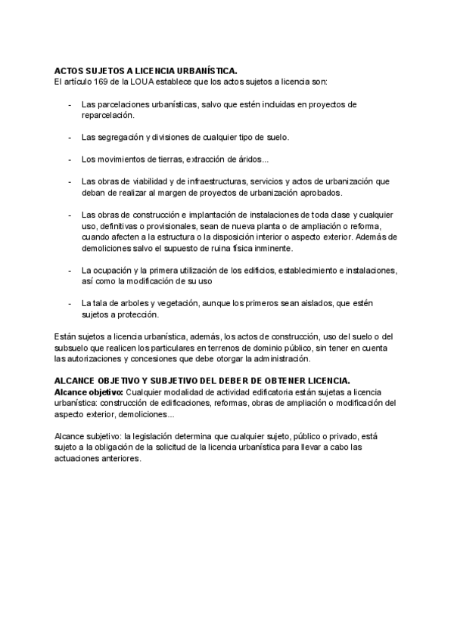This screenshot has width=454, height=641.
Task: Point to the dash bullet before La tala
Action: pos(70,303)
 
